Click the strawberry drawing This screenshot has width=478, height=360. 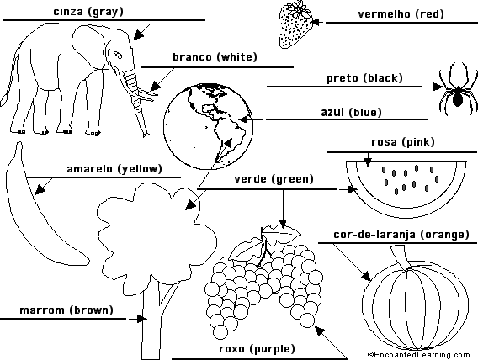(295, 25)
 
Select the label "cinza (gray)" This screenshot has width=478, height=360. (88, 12)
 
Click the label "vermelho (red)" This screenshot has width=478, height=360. (401, 14)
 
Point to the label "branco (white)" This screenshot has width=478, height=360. (215, 57)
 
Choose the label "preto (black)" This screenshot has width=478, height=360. (364, 78)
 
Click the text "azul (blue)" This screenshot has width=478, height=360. (351, 112)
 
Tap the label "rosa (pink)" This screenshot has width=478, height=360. (403, 142)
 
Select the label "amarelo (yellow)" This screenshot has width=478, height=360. (114, 169)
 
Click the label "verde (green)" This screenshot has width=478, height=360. (274, 179)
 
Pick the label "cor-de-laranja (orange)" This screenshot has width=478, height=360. (401, 235)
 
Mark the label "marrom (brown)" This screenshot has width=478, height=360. (66, 310)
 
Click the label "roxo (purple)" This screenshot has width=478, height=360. (257, 349)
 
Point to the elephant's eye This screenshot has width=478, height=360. (118, 55)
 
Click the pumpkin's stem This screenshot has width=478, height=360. (401, 257)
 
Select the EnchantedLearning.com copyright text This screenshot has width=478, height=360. (418, 355)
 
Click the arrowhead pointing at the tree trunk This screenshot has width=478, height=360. (141, 319)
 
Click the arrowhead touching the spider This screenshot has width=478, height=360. (438, 87)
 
